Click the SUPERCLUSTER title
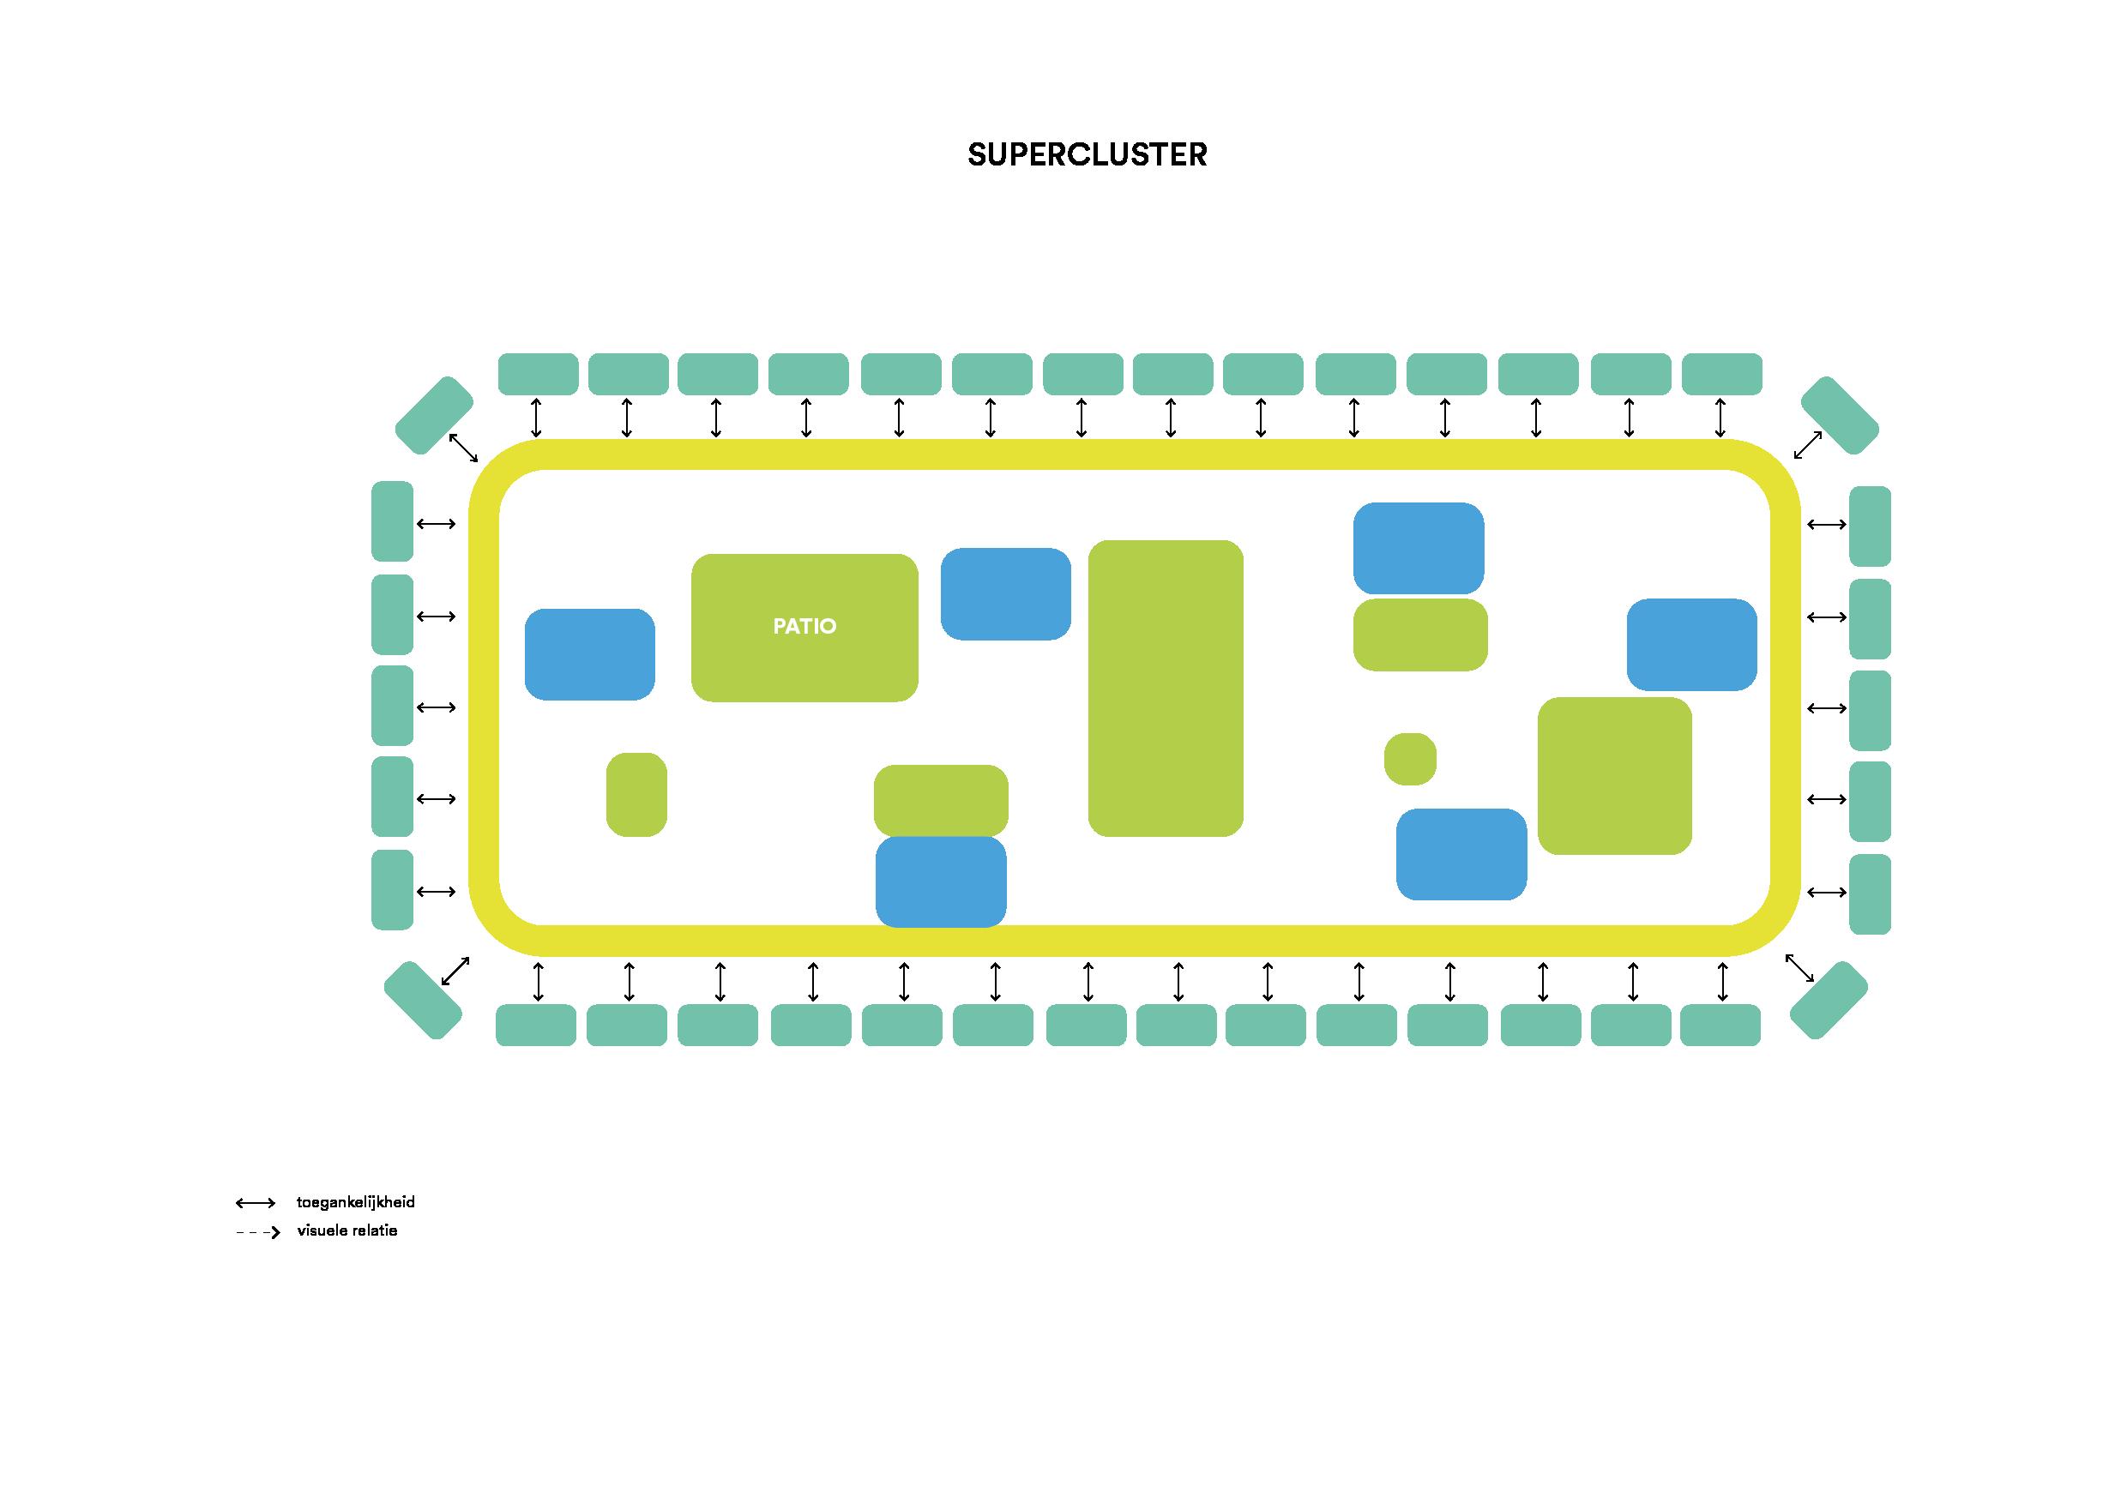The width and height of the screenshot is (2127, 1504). tap(1087, 154)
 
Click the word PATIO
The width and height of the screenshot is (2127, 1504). tap(804, 627)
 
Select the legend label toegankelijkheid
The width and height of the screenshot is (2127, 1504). tap(356, 1203)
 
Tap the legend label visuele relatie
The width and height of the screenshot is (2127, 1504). tap(346, 1231)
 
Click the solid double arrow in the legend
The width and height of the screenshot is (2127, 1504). tap(256, 1203)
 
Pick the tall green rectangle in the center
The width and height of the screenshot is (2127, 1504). tap(1166, 688)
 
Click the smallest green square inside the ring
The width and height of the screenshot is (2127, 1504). tap(1410, 760)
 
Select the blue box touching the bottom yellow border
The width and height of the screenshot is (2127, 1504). tap(940, 881)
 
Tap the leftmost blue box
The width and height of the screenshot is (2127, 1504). tap(589, 654)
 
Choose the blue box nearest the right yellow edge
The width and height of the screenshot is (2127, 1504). tap(1691, 645)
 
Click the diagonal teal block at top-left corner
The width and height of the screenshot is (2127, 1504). tap(434, 415)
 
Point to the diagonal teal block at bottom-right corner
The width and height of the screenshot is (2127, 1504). tap(1828, 1000)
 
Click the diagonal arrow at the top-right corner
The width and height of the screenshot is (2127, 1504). tap(1808, 444)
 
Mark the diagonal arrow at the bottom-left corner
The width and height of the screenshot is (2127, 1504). tap(455, 971)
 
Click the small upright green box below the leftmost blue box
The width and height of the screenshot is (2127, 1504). tap(636, 795)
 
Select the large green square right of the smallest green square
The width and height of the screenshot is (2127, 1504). tap(1615, 775)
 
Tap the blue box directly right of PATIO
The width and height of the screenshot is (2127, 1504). tap(1005, 593)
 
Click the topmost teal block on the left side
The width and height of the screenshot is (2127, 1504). tap(392, 521)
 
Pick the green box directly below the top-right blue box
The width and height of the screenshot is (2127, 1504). tap(1420, 635)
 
